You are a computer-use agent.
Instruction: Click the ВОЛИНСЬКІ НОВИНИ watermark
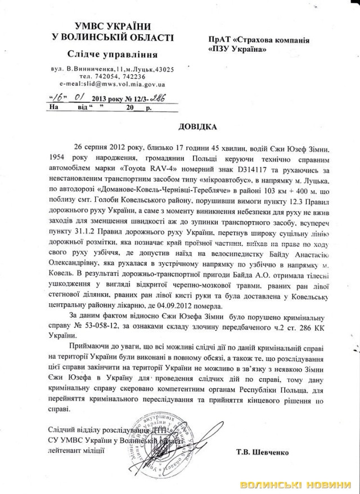coord(296,486)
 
